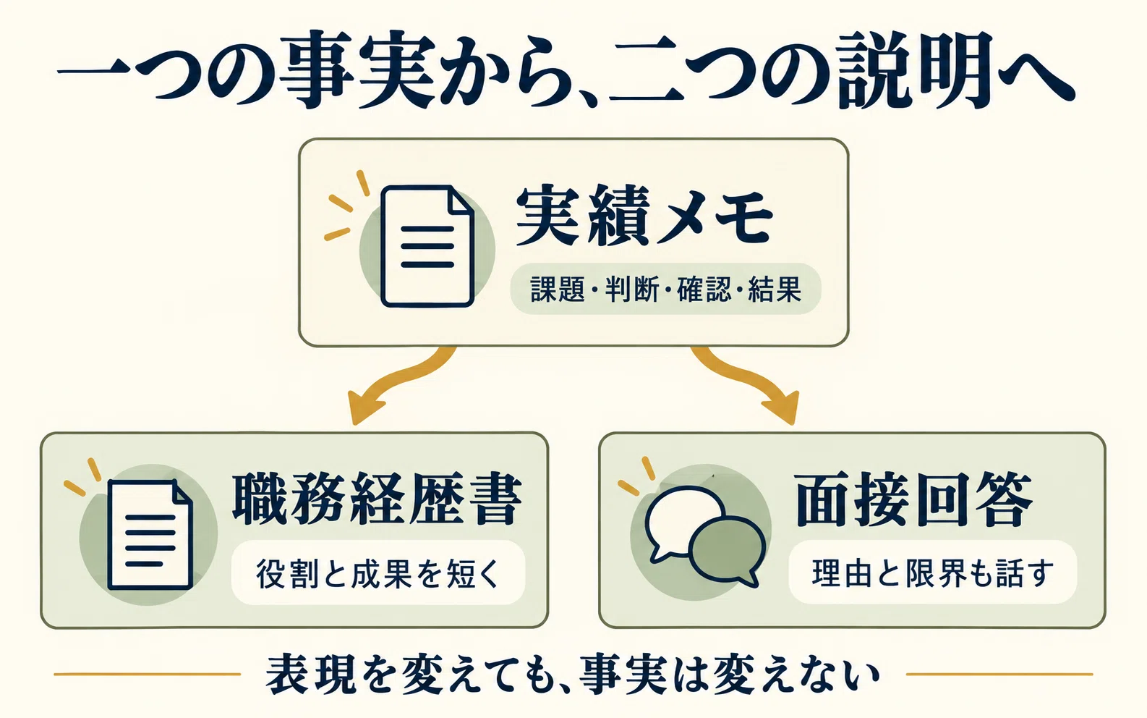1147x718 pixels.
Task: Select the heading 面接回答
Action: (x=913, y=499)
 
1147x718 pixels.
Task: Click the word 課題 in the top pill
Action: (x=558, y=289)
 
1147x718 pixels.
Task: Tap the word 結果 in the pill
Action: (x=775, y=289)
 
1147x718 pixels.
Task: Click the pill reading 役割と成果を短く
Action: (x=378, y=573)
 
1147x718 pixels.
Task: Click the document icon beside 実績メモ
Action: (x=427, y=246)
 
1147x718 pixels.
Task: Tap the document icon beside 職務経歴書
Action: (x=150, y=535)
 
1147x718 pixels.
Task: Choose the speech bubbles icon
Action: (x=705, y=535)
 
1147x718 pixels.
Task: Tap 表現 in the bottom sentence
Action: (x=310, y=673)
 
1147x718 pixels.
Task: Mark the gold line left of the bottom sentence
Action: (x=147, y=674)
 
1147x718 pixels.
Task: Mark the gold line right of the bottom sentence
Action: (x=999, y=674)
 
